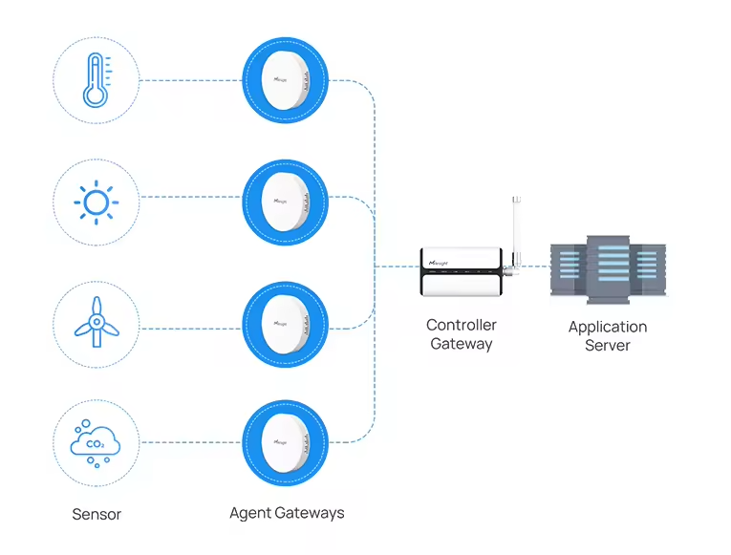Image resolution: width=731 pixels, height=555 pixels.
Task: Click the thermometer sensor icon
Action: pos(96,79)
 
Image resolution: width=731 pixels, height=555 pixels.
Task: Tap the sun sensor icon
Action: pos(96,202)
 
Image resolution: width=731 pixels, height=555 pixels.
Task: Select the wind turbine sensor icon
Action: pos(96,324)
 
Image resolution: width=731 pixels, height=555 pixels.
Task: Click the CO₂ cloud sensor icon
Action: pos(96,443)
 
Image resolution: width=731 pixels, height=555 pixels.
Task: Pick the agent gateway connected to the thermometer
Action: pos(285,79)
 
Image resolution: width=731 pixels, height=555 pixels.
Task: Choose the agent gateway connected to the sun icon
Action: pos(285,201)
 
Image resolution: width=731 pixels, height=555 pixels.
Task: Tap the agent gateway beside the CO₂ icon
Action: pos(285,442)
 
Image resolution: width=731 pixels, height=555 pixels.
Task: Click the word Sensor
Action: pos(97,514)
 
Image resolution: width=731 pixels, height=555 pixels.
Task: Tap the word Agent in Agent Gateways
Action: pos(250,513)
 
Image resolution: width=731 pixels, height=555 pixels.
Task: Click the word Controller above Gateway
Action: pos(461,325)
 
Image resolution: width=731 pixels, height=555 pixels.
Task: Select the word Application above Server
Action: pos(607,327)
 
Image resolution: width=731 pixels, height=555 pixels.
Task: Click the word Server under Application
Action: pos(607,345)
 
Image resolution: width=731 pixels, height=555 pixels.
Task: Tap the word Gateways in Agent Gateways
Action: pos(309,513)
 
